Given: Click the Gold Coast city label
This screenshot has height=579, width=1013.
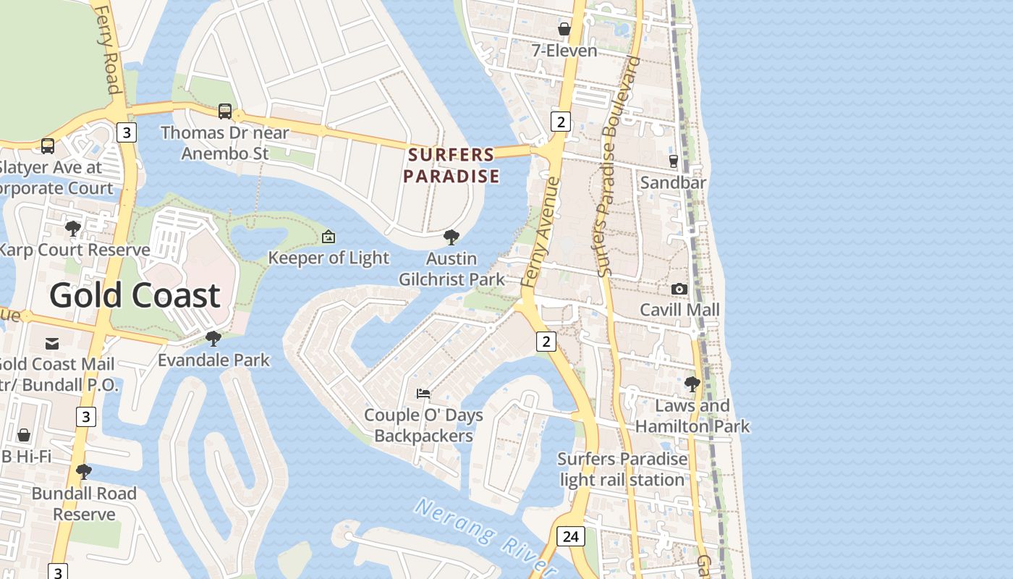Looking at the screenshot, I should [135, 295].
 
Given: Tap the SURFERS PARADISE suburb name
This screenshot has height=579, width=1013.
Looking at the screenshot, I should [451, 165].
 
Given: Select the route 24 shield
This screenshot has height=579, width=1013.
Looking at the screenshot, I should [570, 536].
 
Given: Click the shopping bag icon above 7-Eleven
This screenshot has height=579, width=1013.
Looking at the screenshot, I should [564, 29].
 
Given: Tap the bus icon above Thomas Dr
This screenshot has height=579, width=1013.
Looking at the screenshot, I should [225, 111].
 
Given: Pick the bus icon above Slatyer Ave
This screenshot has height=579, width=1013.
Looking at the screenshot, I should [48, 145].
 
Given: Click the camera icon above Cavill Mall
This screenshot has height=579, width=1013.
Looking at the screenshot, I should [679, 289].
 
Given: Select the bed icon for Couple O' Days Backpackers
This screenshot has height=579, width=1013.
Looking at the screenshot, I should [423, 394].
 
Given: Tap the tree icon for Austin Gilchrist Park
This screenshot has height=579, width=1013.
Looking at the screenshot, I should [452, 237].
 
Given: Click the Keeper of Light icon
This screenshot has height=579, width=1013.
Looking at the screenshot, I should [329, 237].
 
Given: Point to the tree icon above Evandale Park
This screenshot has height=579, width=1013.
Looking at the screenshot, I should [213, 338].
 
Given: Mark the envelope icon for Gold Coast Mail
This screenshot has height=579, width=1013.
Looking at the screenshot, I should [52, 343].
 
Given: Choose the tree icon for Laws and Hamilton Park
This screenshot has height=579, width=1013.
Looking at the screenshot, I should [692, 384].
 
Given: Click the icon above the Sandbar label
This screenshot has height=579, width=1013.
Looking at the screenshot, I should [673, 161].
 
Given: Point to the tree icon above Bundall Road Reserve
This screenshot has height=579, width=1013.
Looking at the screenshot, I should [84, 472].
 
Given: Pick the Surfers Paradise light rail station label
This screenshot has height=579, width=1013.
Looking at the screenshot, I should [622, 469].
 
